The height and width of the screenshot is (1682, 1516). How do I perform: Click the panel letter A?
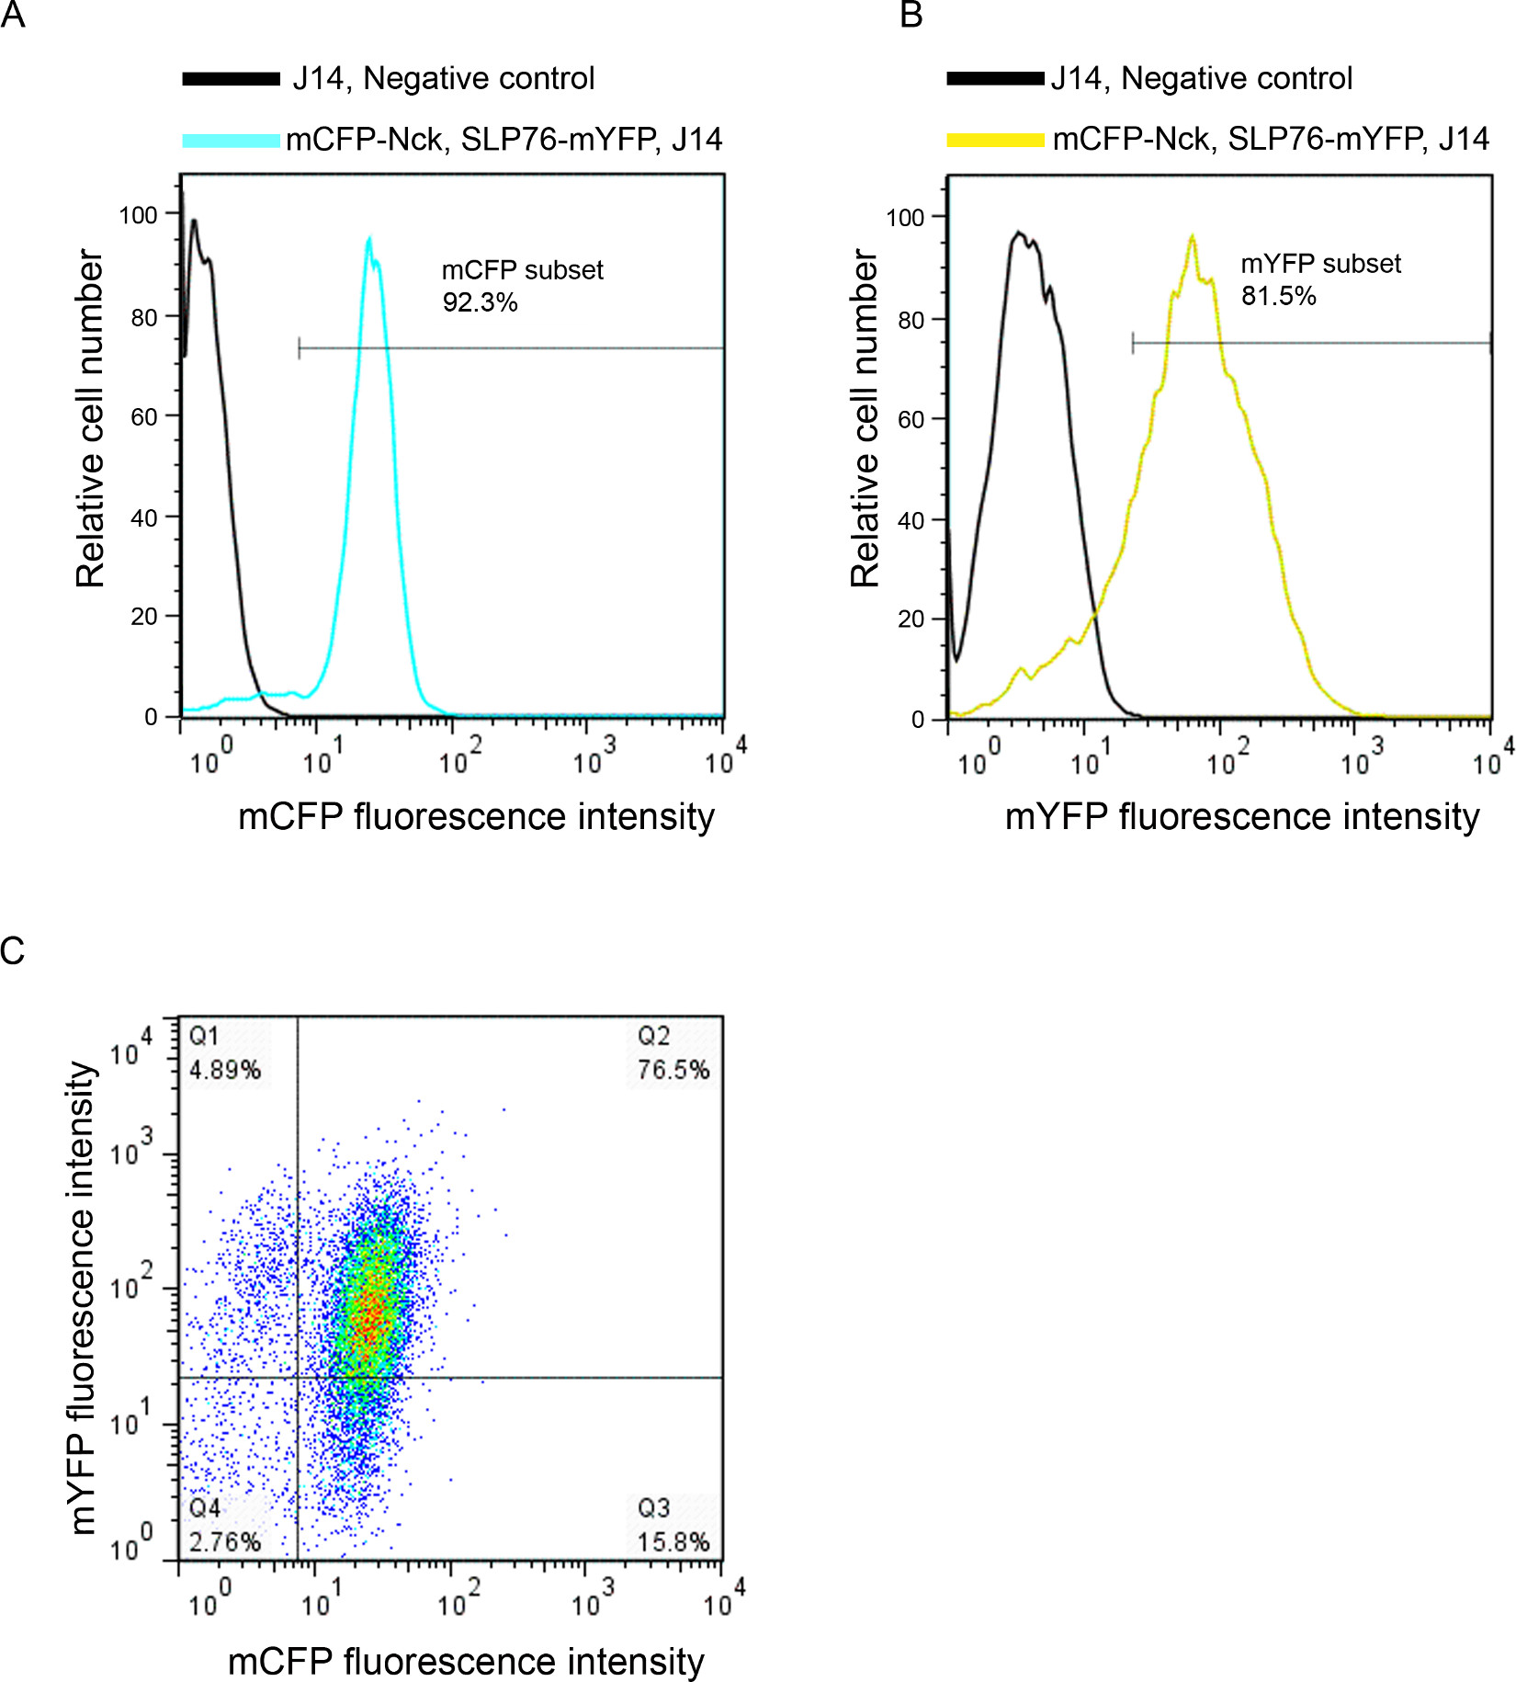12,15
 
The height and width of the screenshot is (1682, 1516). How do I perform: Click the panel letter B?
911,15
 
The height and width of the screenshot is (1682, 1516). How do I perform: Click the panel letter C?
12,951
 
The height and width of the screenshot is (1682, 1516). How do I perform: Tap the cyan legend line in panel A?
231,141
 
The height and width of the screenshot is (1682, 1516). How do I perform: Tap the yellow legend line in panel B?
995,141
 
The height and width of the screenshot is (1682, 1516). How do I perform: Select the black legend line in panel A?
231,79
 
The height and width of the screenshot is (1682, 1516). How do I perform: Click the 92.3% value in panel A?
480,302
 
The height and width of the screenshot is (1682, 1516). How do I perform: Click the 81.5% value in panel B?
1278,296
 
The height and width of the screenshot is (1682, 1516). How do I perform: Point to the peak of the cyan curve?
369,240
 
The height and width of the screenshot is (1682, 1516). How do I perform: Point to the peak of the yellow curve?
1192,237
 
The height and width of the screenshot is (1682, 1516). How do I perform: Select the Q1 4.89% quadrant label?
224,1054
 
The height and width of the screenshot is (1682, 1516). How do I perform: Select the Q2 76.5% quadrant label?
673,1054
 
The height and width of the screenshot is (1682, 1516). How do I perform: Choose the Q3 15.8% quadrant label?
673,1526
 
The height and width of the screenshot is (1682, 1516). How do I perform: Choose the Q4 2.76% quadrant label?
224,1526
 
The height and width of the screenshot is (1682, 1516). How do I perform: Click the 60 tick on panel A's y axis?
144,417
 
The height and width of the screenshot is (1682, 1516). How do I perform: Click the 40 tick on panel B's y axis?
911,520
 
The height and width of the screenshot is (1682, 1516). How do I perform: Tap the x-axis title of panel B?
1241,816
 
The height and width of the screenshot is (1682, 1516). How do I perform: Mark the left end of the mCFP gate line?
300,348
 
